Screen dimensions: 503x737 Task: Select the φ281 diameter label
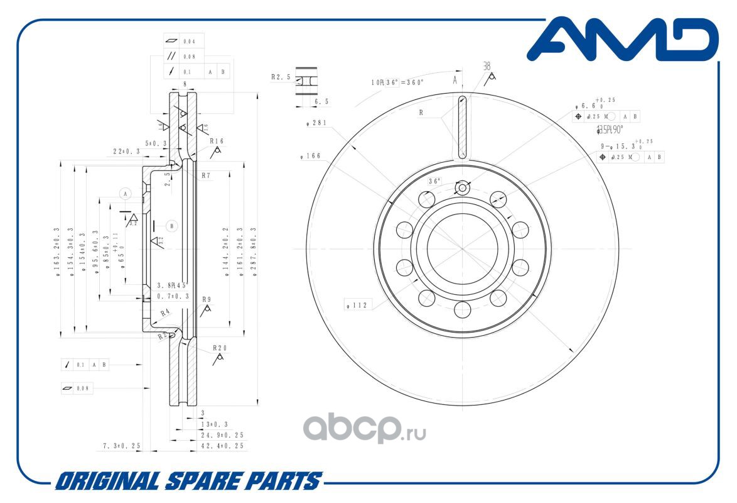pos(316,123)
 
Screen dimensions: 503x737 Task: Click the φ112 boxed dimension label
pos(359,306)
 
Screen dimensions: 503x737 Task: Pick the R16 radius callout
pos(217,141)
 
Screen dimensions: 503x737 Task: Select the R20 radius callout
pos(220,348)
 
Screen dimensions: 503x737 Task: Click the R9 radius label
pos(207,299)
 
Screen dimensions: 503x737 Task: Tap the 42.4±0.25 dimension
pos(222,445)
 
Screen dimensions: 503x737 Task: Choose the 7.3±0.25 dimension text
pos(122,445)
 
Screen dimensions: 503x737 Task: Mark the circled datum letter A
pos(126,194)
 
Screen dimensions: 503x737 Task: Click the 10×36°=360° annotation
pos(397,82)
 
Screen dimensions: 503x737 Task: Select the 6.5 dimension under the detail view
pos(321,101)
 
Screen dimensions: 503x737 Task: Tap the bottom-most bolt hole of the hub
pos(463,309)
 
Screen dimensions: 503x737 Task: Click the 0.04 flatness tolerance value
pos(189,41)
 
